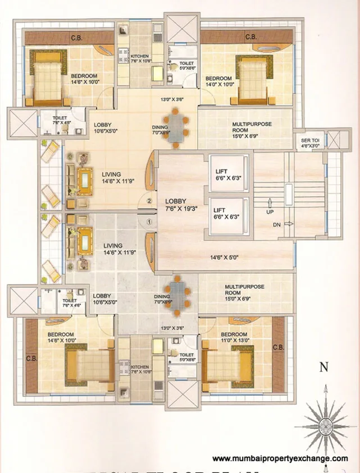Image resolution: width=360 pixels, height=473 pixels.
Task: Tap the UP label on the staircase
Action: pyautogui.click(x=270, y=213)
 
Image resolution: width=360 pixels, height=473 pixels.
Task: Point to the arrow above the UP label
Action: pyautogui.click(x=270, y=201)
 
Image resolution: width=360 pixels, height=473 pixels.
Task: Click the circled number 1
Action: pyautogui.click(x=149, y=222)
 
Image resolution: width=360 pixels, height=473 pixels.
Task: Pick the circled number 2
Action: pyautogui.click(x=149, y=200)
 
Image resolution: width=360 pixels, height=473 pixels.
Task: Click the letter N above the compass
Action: pyautogui.click(x=323, y=368)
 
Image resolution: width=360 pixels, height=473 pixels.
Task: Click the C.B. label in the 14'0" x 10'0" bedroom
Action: pyautogui.click(x=250, y=38)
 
